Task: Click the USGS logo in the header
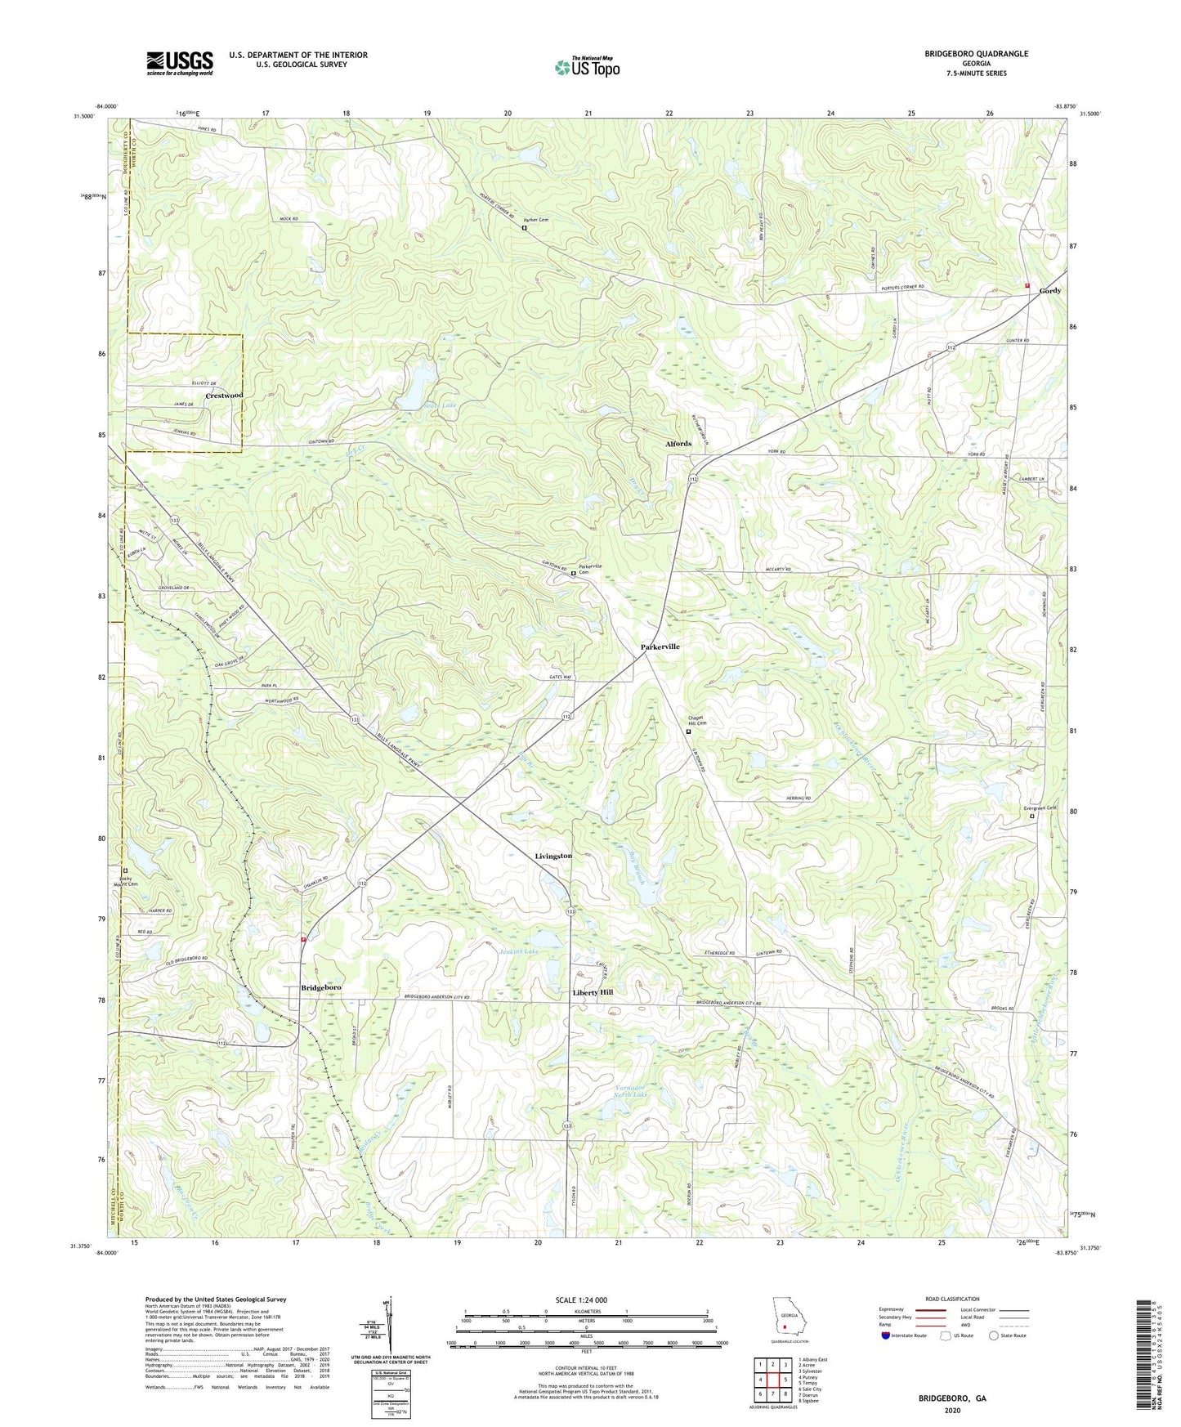click(x=180, y=62)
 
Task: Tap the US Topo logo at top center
click(x=587, y=67)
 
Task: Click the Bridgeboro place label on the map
click(x=321, y=988)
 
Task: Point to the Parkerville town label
click(x=660, y=646)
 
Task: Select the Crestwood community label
click(x=224, y=396)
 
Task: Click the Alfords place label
click(x=678, y=444)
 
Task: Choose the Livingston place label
click(x=553, y=856)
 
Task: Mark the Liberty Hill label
click(x=592, y=992)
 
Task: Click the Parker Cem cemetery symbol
click(x=524, y=229)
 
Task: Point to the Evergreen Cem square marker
click(x=1031, y=816)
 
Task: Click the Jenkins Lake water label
click(x=519, y=952)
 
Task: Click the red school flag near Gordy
click(x=1027, y=285)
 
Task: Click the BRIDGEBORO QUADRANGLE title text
click(x=976, y=54)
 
